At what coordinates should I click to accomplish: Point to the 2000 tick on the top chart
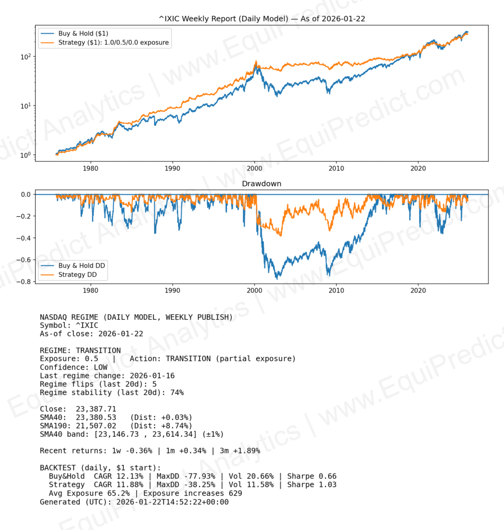pyautogui.click(x=255, y=168)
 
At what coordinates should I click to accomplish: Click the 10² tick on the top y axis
pyautogui.click(x=26, y=57)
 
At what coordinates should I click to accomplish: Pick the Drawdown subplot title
pyautogui.click(x=262, y=184)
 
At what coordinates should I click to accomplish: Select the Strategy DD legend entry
pyautogui.click(x=78, y=274)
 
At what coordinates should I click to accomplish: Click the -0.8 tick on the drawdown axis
pyautogui.click(x=24, y=282)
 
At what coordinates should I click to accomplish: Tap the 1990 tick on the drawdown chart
pyautogui.click(x=172, y=290)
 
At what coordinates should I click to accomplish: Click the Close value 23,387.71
pyautogui.click(x=97, y=409)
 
